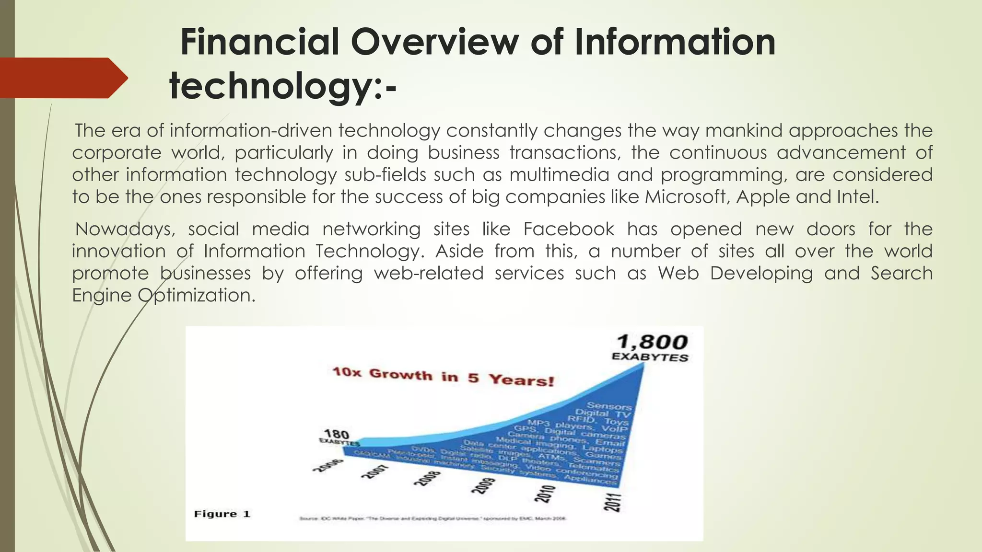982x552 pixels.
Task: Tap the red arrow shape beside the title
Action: [x=62, y=78]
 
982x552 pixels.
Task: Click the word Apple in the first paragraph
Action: [x=763, y=197]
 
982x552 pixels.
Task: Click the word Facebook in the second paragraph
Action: [x=569, y=229]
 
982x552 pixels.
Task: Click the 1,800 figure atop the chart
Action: [x=652, y=342]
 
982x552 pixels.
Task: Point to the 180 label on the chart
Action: [x=337, y=434]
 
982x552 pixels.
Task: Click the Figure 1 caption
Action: [x=222, y=514]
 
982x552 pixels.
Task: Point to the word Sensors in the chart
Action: [x=609, y=406]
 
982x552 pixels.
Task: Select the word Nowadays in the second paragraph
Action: [x=125, y=229]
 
